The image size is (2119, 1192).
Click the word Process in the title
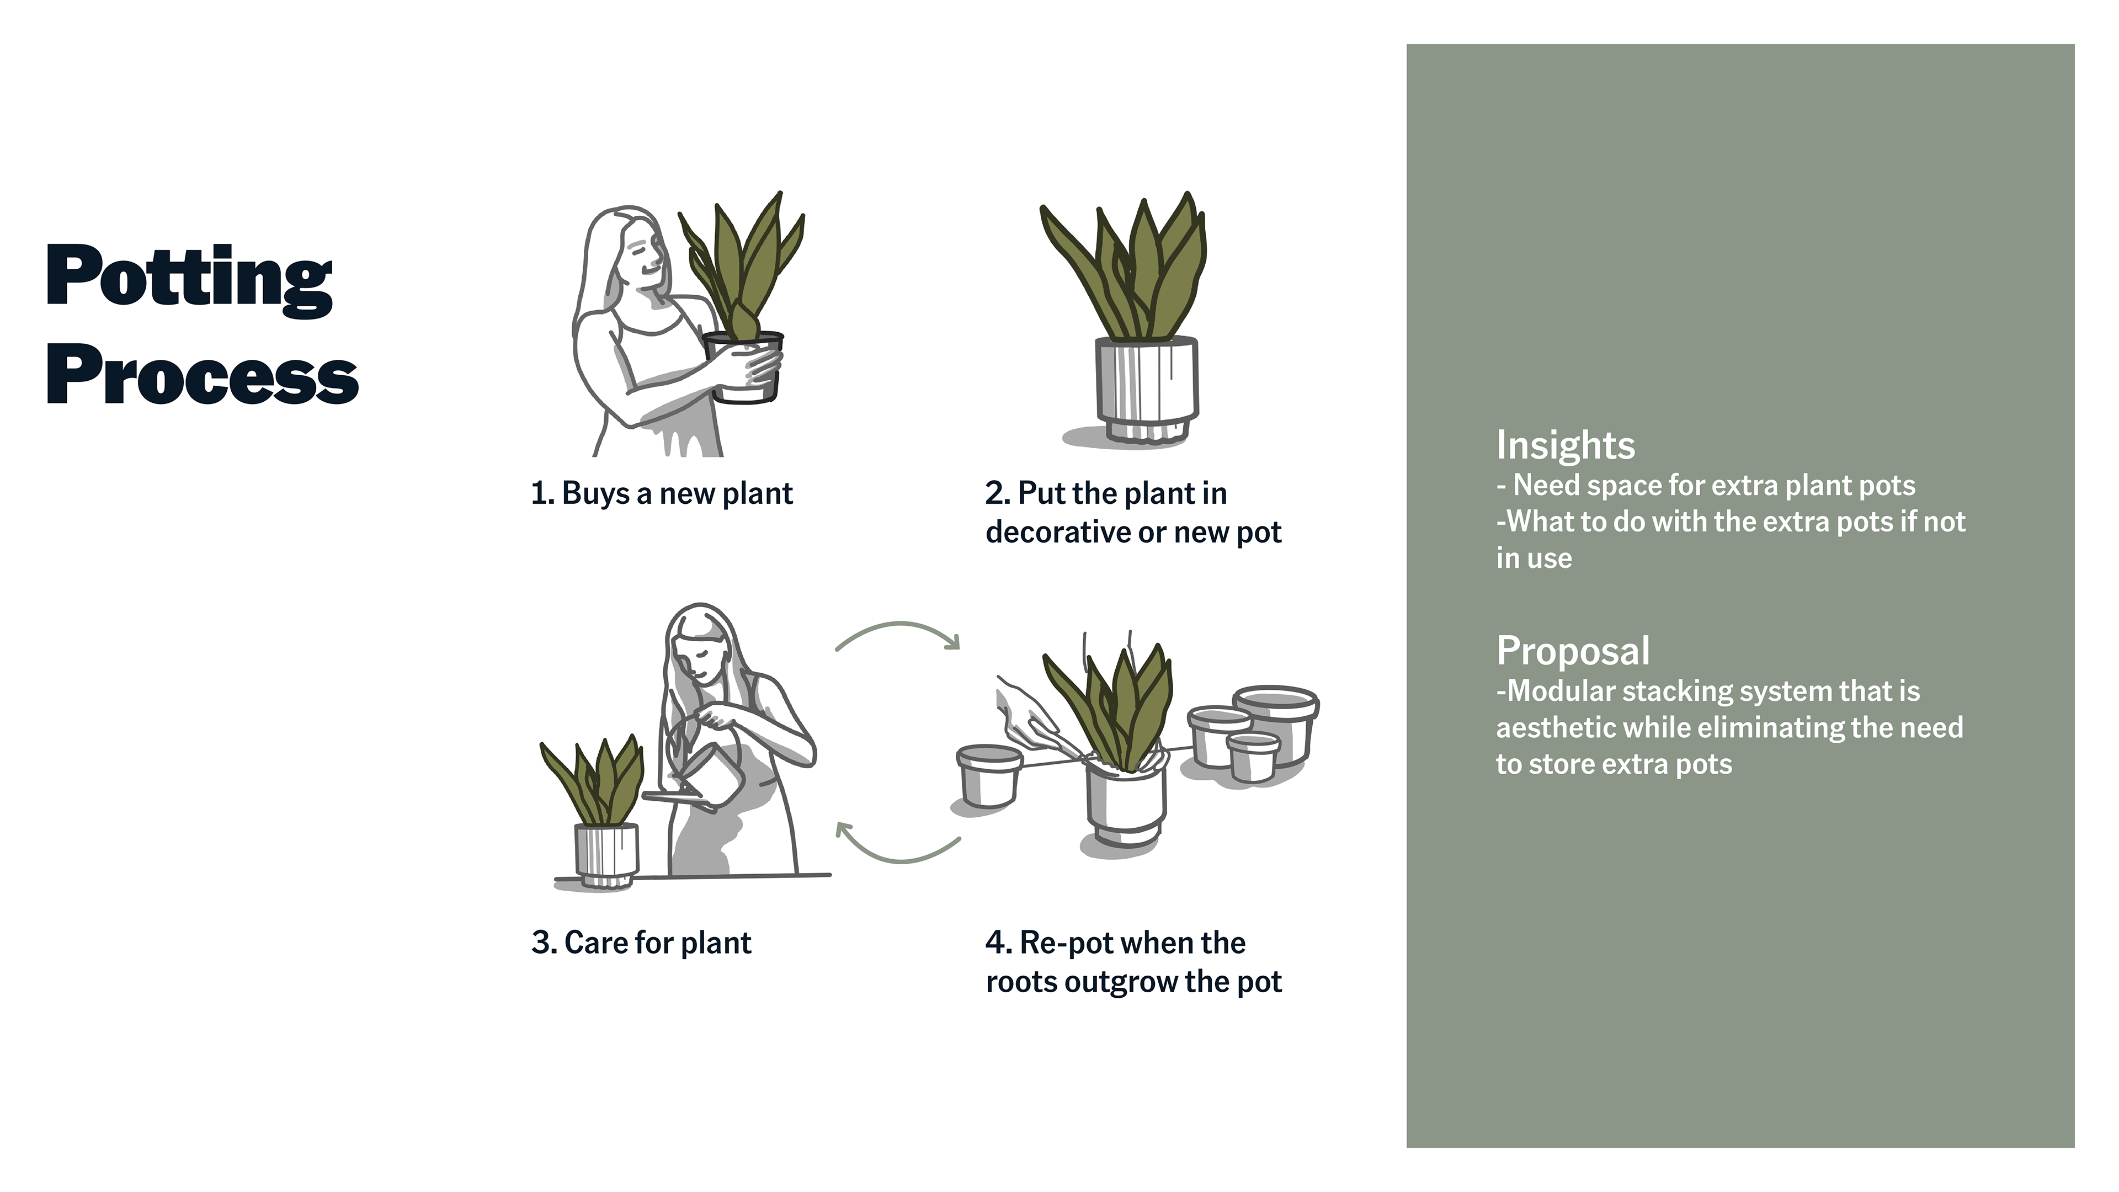coord(203,375)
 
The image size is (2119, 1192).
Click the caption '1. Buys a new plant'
coord(662,493)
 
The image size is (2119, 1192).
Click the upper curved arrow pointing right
coord(899,625)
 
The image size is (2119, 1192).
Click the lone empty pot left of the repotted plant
coord(989,775)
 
